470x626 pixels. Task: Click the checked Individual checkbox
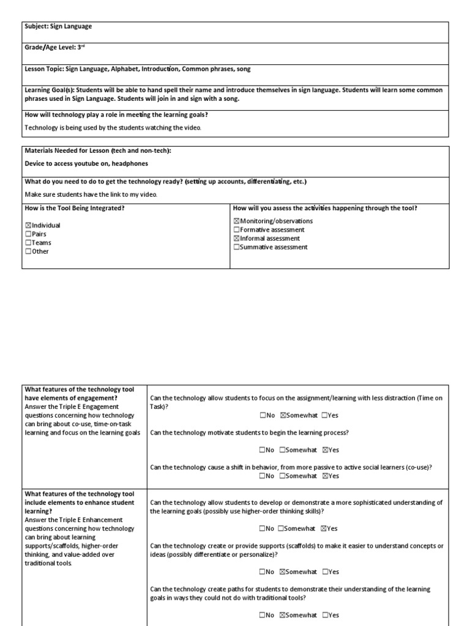(x=28, y=226)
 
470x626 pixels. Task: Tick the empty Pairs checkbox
(x=28, y=234)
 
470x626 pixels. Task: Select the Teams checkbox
(x=28, y=243)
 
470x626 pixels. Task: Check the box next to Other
(x=28, y=251)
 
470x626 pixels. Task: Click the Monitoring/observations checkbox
(x=237, y=221)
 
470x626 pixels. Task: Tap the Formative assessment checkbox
(x=237, y=230)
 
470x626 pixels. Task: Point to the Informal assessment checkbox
(x=237, y=238)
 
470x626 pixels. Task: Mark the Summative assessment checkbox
(x=237, y=247)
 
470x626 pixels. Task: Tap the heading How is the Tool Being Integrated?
(x=75, y=208)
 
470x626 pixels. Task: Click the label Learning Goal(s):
(x=50, y=90)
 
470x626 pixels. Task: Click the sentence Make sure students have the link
(x=91, y=194)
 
